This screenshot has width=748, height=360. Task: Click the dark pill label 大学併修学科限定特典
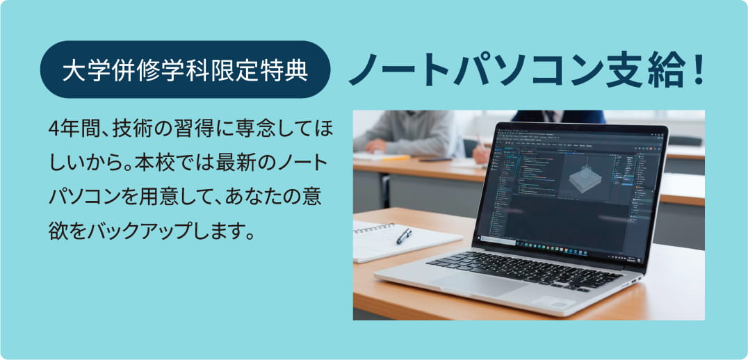[185, 69]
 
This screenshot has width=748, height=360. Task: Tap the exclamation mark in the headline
[697, 69]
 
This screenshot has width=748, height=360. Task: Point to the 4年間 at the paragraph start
[67, 129]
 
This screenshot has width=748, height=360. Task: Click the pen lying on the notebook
[403, 235]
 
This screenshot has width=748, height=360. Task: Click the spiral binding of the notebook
[374, 228]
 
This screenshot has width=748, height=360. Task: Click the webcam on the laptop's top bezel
[574, 128]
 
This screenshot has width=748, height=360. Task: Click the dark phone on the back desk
[436, 159]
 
